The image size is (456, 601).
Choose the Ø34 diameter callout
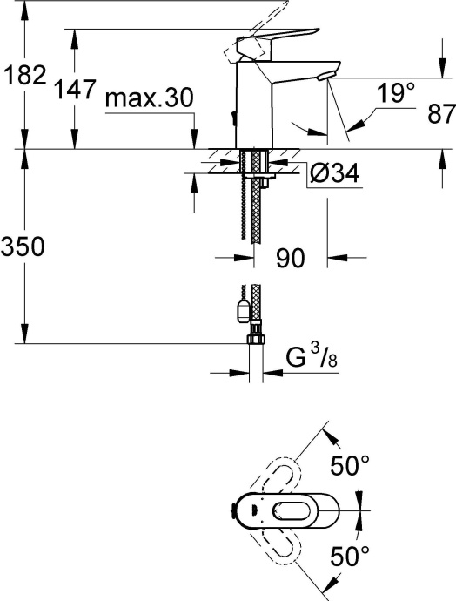click(x=333, y=174)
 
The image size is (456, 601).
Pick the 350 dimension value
click(x=23, y=247)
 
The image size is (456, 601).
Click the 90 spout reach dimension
click(x=289, y=258)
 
